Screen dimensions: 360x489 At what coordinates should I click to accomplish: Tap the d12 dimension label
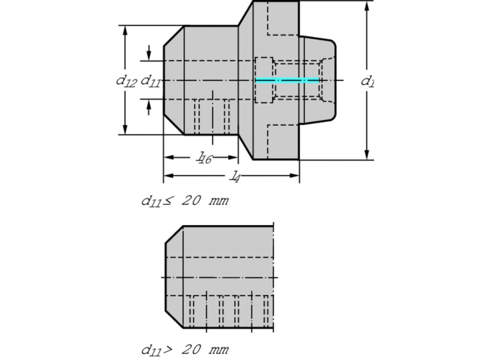point(126,81)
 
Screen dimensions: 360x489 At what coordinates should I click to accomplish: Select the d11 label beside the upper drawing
point(151,81)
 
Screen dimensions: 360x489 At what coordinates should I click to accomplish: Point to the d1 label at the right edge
point(367,81)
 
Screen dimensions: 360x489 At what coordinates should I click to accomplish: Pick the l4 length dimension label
point(235,176)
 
